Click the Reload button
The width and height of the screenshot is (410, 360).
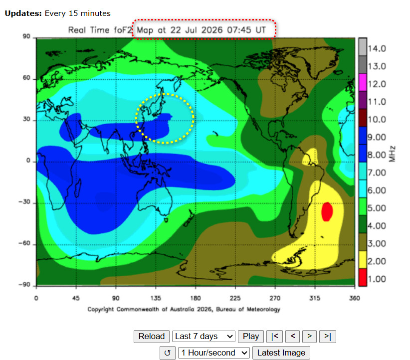click(152, 336)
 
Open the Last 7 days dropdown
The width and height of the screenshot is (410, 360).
click(204, 336)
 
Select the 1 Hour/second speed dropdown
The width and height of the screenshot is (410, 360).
click(213, 353)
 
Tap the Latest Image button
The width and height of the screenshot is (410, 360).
click(281, 353)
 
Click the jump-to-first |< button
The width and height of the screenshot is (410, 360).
click(274, 336)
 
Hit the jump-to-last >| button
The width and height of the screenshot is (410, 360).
click(327, 336)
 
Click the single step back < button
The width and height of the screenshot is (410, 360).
click(293, 336)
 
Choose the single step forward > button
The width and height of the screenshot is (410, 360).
click(309, 336)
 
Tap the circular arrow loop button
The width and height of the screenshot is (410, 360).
click(168, 353)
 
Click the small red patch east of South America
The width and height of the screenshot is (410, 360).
click(327, 211)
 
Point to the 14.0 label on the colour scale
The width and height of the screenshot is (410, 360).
click(377, 49)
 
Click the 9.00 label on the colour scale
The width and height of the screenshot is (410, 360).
click(377, 137)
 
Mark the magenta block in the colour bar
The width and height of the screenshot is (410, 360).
click(363, 82)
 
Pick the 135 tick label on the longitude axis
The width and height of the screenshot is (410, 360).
click(156, 298)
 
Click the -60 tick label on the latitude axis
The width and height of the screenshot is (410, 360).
click(25, 243)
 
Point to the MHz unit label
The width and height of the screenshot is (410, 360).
click(392, 154)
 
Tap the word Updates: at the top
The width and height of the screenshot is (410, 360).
click(23, 13)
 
